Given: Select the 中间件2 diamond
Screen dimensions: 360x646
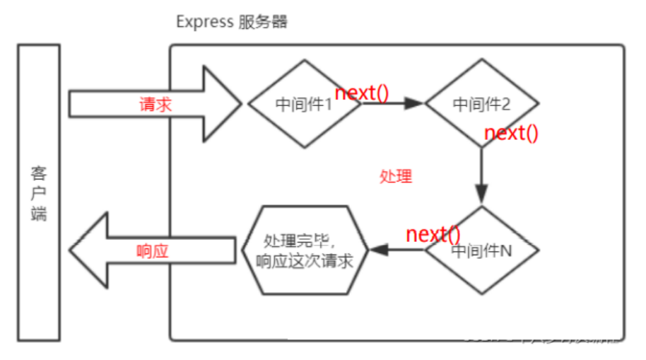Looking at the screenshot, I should click(481, 104).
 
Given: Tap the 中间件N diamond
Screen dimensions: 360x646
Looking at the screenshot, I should click(481, 251).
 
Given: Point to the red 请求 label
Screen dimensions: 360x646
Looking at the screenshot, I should click(155, 105).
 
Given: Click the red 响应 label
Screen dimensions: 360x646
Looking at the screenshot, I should click(152, 251).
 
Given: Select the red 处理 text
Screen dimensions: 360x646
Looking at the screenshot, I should click(396, 177).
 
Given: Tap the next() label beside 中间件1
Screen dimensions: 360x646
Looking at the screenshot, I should click(361, 93).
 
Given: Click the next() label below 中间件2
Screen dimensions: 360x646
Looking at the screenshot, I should click(511, 133).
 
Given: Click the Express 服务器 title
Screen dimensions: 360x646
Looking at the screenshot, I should click(231, 21).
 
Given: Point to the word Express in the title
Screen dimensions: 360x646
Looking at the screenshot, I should click(204, 21).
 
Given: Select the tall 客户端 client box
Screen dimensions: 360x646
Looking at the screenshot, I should click(39, 191).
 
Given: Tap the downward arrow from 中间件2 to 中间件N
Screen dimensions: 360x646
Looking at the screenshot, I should click(481, 177).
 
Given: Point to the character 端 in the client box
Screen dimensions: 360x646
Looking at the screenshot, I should click(39, 212).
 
